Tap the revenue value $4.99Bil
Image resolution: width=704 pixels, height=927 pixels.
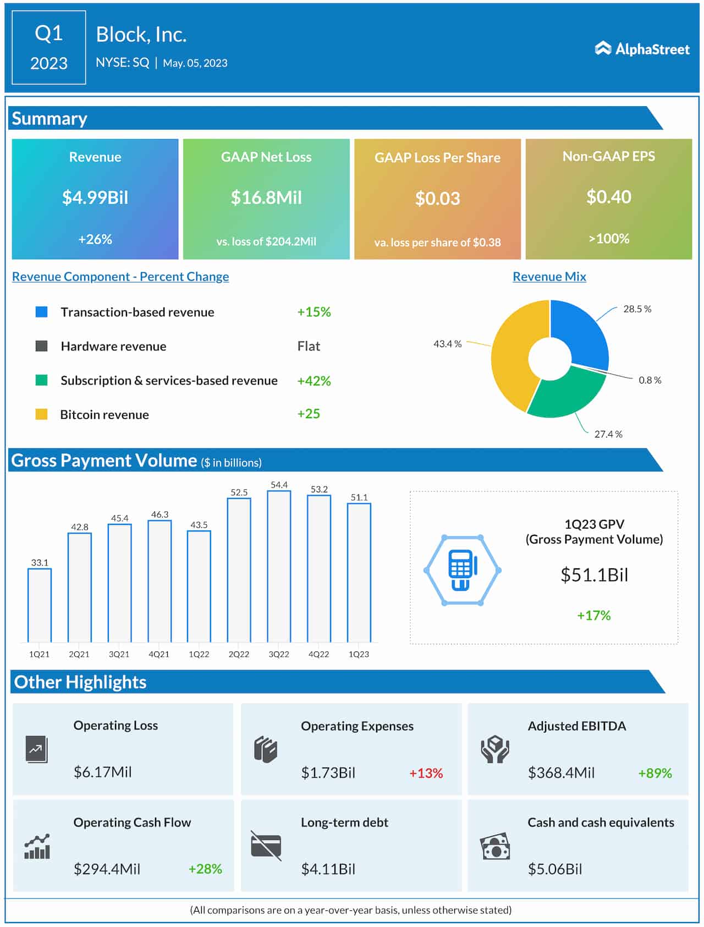pos(95,198)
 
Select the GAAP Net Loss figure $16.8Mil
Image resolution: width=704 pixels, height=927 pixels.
pos(266,198)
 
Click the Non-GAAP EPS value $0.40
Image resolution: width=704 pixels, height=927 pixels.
pos(608,197)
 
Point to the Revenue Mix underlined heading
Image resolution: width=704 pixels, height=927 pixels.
pos(549,277)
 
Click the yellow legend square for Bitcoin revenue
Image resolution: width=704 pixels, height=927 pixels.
pos(41,414)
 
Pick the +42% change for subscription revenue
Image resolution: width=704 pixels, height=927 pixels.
pos(313,381)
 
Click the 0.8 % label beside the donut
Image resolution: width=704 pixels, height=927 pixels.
pos(650,380)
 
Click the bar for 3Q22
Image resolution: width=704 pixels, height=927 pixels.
pos(279,567)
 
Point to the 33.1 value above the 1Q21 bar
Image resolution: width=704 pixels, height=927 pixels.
pos(40,563)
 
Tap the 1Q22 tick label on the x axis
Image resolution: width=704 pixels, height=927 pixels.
pos(199,654)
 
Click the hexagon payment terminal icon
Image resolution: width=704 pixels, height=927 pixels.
pos(462,570)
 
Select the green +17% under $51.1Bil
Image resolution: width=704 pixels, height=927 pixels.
pos(593,615)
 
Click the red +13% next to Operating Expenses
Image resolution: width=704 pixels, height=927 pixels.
pos(426,773)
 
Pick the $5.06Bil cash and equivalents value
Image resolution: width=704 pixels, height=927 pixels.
pos(554,869)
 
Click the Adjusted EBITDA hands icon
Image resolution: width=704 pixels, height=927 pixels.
pos(495,749)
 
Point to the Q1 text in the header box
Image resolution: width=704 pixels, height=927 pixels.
pos(48,34)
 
